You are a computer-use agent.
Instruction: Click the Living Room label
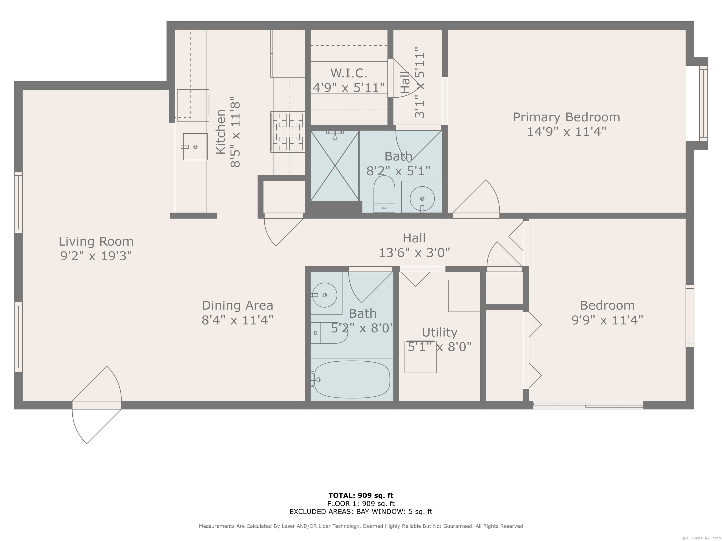pos(96,242)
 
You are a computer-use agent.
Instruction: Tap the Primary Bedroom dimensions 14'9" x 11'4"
pos(567,132)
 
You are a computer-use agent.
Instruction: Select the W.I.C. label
pos(349,73)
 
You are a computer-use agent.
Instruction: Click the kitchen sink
pos(195,147)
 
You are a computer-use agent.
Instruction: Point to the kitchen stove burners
pos(288,132)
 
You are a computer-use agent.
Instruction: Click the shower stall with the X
pos(335,166)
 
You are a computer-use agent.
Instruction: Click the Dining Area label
pos(237,305)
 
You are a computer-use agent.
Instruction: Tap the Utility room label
pos(439,332)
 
